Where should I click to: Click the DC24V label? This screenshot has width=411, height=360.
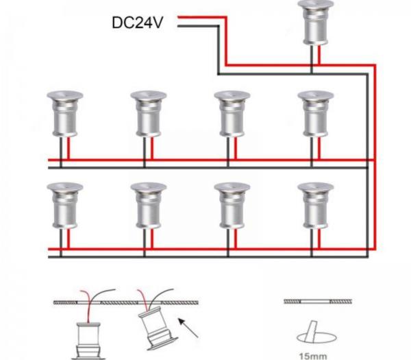[137, 23]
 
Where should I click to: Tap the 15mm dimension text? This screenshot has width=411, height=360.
[313, 356]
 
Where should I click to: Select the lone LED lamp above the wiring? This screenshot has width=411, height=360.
[316, 23]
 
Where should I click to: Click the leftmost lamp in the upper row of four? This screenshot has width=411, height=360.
[65, 114]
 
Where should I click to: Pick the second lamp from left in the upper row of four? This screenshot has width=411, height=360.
[149, 114]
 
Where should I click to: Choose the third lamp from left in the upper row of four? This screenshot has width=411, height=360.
[232, 114]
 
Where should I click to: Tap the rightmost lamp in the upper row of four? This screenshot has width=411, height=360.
[316, 114]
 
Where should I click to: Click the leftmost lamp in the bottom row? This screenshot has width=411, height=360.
[65, 206]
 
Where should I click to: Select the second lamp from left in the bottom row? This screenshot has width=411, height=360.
[149, 206]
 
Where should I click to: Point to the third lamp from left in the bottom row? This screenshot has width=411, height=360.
[232, 206]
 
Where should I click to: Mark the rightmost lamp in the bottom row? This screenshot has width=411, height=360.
[316, 206]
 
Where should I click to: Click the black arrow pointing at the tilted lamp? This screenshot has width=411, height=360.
[188, 328]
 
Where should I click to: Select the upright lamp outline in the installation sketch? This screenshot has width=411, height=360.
[88, 341]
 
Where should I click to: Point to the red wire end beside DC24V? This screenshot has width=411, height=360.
[178, 17]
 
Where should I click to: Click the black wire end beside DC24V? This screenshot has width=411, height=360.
[178, 26]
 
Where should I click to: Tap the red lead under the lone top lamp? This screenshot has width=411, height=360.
[319, 55]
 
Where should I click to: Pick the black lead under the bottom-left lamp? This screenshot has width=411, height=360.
[61, 243]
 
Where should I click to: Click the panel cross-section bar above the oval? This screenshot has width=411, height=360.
[318, 302]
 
